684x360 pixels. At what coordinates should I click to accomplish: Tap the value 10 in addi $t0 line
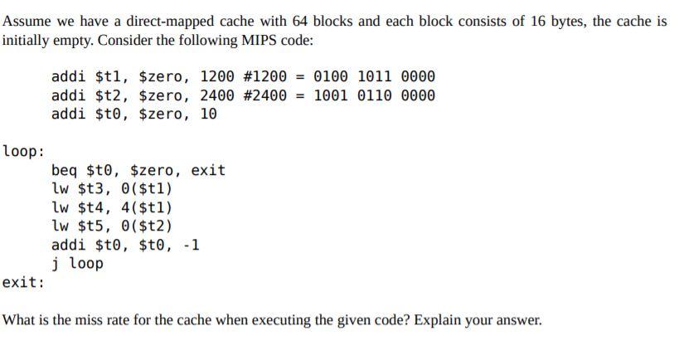pyautogui.click(x=209, y=114)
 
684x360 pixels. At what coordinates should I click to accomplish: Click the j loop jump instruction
pyautogui.click(x=77, y=264)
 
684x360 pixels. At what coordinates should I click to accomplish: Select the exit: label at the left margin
pyautogui.click(x=24, y=282)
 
